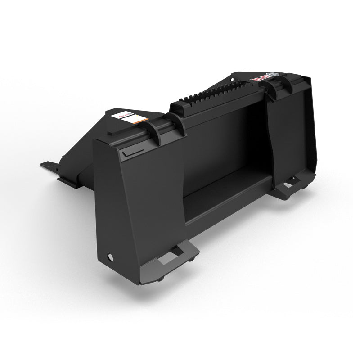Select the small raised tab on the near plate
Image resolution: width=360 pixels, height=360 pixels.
128,154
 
